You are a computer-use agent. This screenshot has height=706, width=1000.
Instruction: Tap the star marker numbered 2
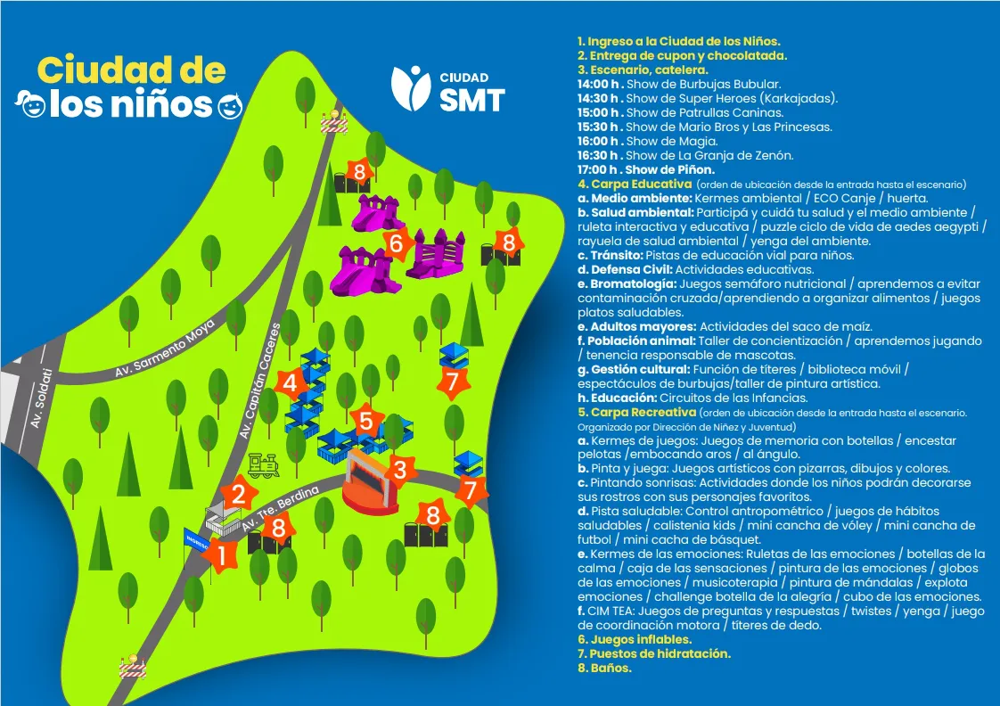[x=239, y=493]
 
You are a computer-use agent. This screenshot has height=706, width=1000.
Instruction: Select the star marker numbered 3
[x=400, y=470]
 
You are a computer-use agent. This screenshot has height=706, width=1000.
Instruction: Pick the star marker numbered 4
[x=290, y=384]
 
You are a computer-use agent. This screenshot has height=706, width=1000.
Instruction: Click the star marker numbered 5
[x=365, y=420]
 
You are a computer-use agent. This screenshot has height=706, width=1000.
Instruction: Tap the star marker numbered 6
[x=398, y=242]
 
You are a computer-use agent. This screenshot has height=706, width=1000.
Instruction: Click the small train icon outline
[x=263, y=464]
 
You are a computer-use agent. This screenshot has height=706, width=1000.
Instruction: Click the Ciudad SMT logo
[x=448, y=88]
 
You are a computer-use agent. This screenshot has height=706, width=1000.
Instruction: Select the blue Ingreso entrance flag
[x=197, y=540]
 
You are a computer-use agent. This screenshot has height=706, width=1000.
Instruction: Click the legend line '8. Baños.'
[x=604, y=668]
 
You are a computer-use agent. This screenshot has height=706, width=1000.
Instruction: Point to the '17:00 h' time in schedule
[x=599, y=169]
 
